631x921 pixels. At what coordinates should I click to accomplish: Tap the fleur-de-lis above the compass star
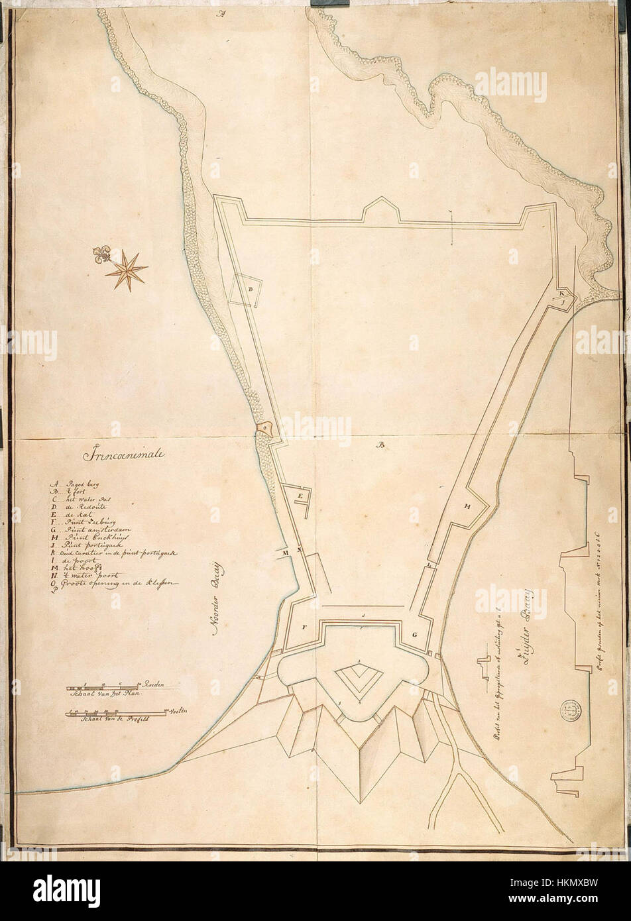pos(103,256)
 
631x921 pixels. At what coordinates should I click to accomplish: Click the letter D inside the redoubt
pos(251,290)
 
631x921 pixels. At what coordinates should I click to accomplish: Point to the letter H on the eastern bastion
pos(467,506)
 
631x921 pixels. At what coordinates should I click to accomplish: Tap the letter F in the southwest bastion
pos(305,626)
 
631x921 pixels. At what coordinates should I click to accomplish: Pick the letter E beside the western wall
pos(300,495)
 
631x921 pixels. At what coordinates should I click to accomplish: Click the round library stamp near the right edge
pos(570,710)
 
